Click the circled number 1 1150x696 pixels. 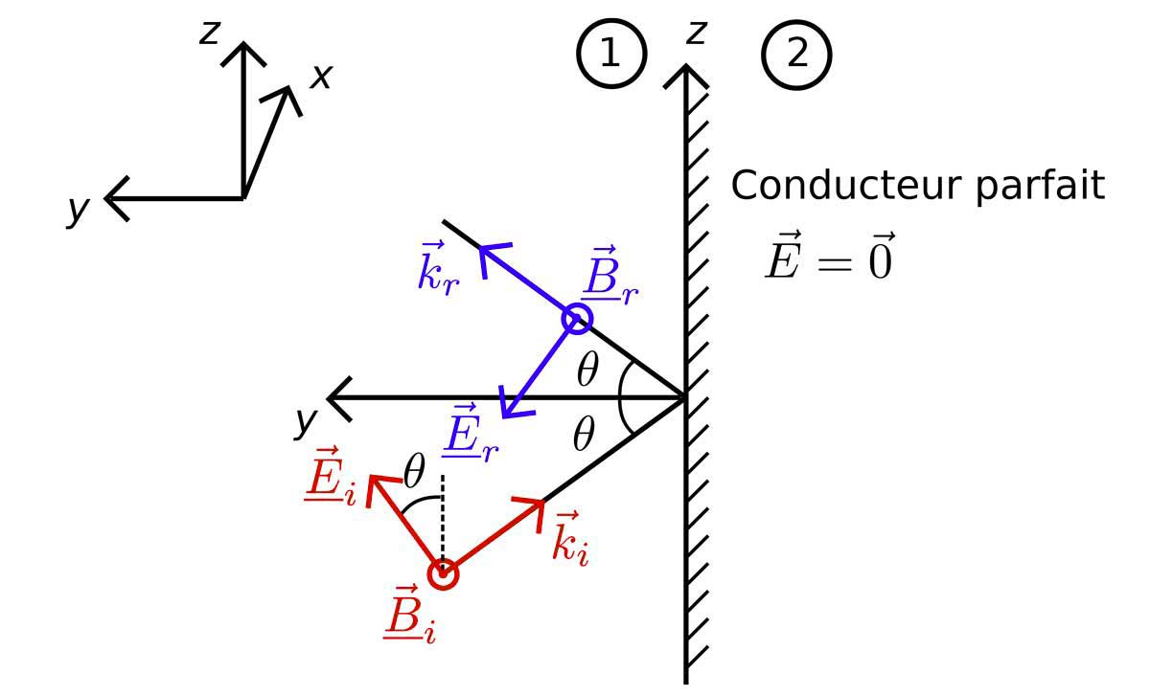tap(610, 54)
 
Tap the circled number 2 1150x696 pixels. tap(796, 54)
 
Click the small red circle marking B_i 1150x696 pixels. tap(443, 574)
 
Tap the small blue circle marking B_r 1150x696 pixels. tap(577, 318)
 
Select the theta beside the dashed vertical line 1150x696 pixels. tap(414, 471)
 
